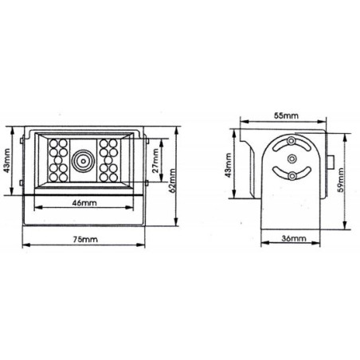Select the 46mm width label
click(x=82, y=203)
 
